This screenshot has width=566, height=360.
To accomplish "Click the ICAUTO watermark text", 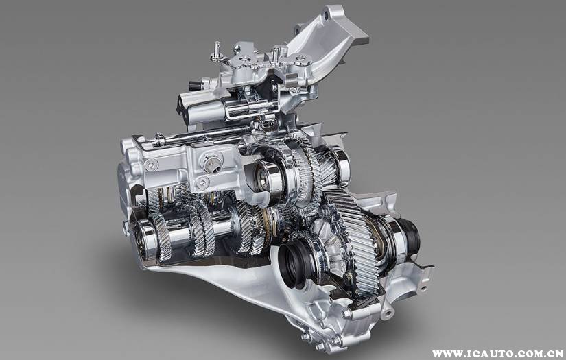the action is [497, 354].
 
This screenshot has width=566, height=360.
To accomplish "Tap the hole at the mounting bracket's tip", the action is [327, 16].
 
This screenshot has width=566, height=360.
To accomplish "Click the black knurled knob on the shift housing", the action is [194, 86].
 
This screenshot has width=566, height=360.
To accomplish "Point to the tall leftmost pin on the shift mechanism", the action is [217, 51].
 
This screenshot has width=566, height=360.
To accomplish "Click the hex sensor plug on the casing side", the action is [213, 165].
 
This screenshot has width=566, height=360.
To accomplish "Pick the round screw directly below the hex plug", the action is [202, 183].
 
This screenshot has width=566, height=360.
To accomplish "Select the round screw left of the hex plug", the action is [150, 165].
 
